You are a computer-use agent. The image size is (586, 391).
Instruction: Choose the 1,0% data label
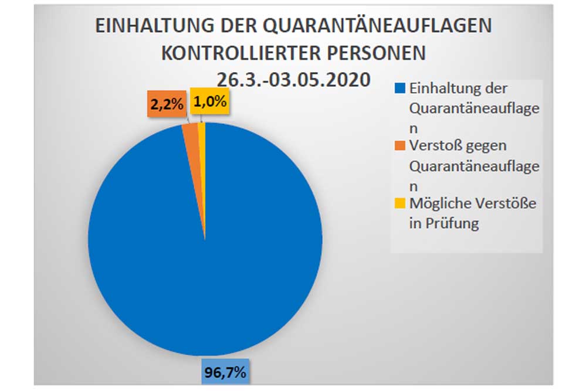[209, 103]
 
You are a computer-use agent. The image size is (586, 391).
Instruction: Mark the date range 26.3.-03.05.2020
[293, 78]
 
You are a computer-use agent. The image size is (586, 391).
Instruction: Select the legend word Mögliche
[437, 203]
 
